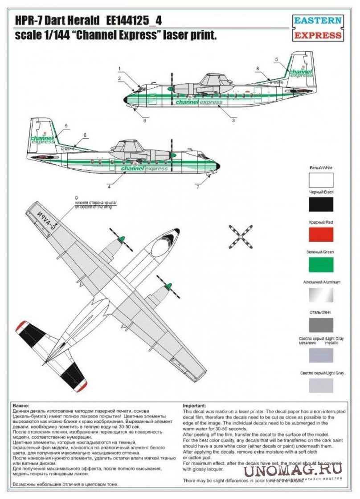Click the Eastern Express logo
318,28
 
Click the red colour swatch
321,234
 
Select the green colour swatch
321,265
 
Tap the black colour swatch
321,204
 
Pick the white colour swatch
321,180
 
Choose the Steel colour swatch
321,325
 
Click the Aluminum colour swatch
321,294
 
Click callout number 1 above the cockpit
120,68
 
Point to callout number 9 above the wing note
76,197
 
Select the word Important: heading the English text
195,406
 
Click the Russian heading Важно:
20,406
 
